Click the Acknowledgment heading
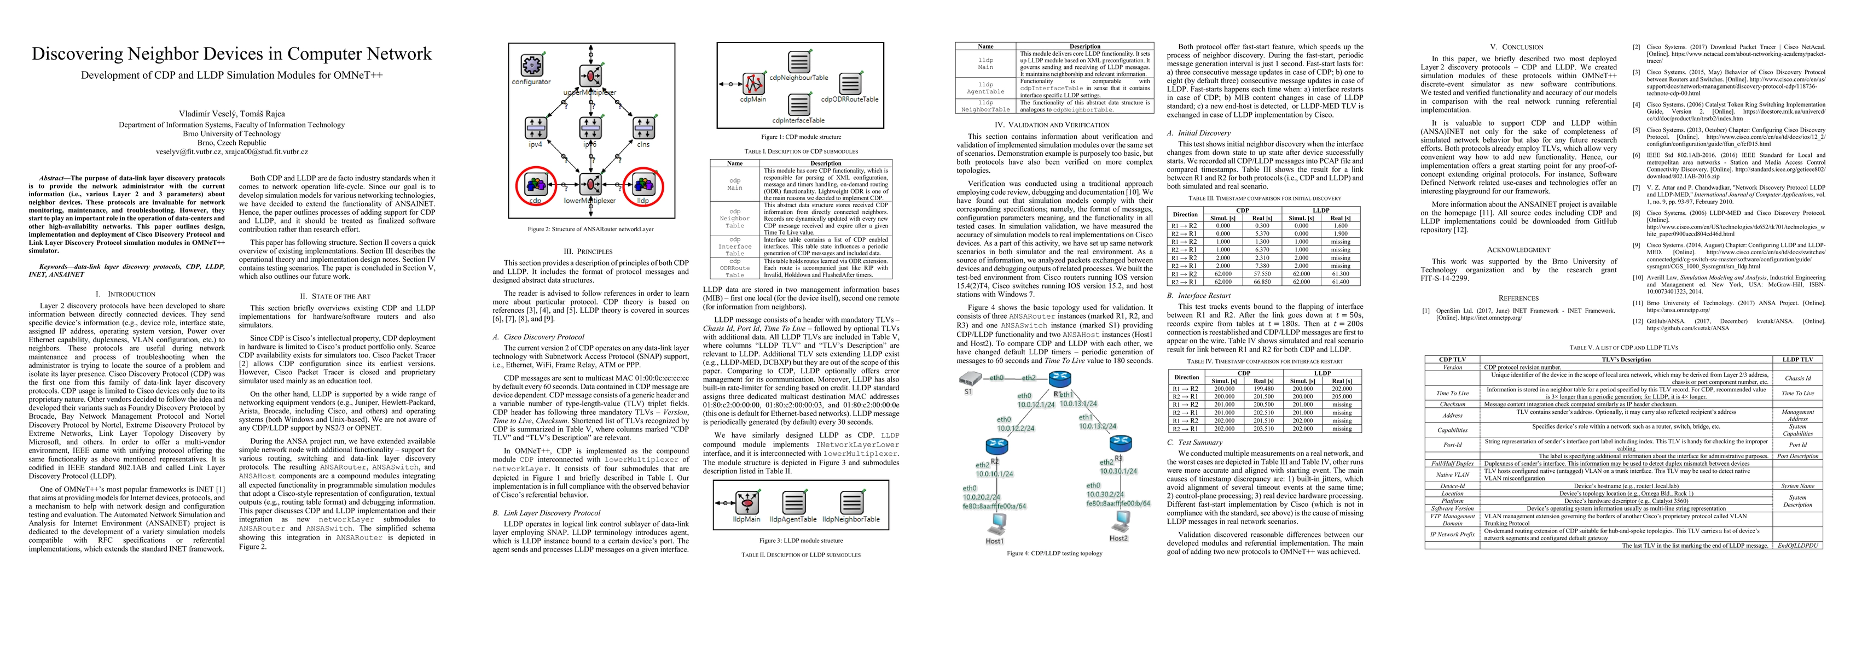(x=1518, y=250)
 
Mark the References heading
(x=1518, y=298)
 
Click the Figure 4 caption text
(x=1054, y=553)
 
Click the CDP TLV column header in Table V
(x=1452, y=359)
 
